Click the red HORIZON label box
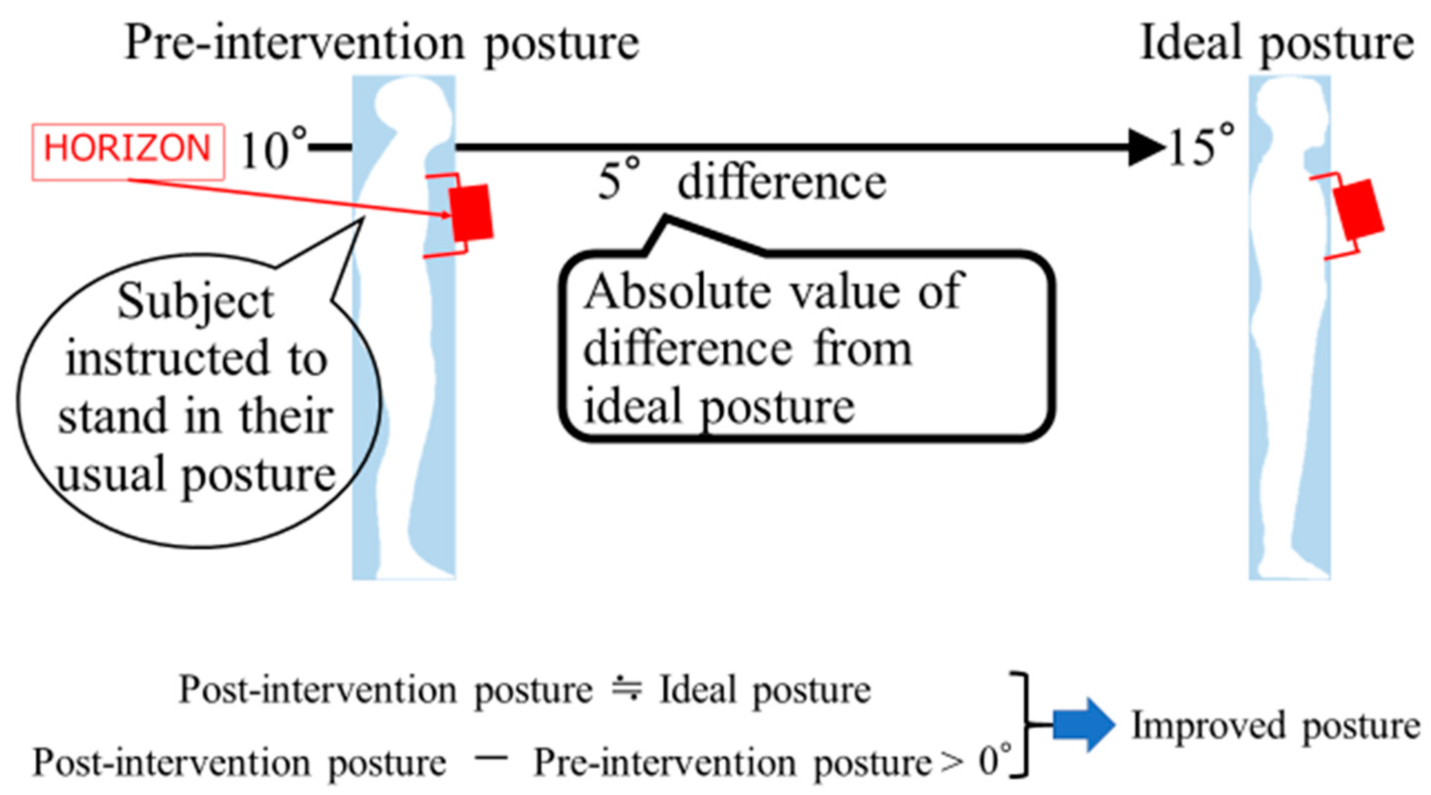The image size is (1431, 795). [128, 150]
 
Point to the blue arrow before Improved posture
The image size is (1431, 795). [1083, 725]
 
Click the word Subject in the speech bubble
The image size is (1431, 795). [196, 303]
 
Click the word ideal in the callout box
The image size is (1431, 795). [633, 406]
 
